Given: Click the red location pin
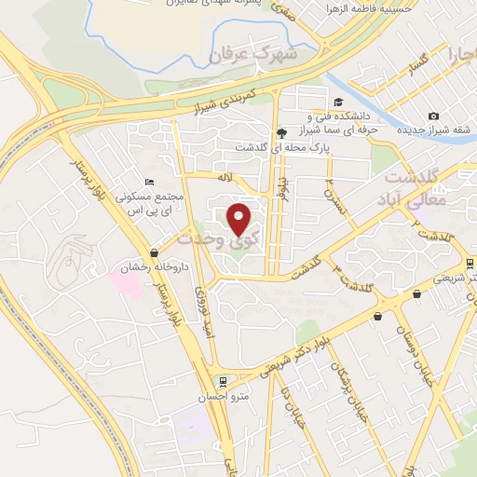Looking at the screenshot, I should (x=239, y=218).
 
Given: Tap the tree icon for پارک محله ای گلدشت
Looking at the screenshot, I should (x=281, y=134).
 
